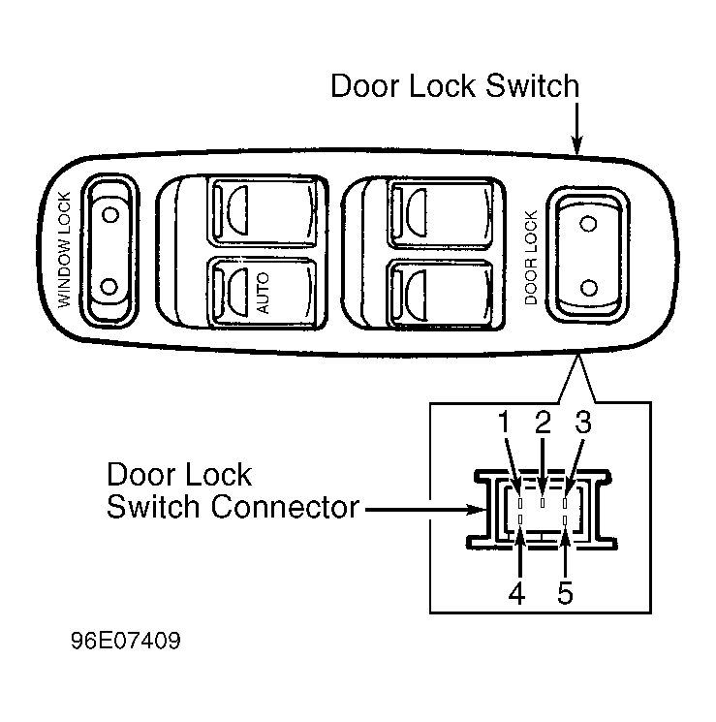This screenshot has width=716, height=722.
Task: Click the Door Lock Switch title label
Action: click(x=455, y=85)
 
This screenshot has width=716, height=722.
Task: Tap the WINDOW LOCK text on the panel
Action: click(x=65, y=250)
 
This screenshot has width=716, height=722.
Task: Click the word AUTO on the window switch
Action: click(x=263, y=293)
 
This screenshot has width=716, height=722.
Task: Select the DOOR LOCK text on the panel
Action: click(x=531, y=258)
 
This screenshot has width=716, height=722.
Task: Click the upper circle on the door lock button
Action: click(x=588, y=224)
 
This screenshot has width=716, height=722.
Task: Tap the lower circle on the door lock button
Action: click(x=588, y=288)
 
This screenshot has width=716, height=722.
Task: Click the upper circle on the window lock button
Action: click(x=110, y=214)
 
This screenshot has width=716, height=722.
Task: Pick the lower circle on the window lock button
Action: click(x=109, y=287)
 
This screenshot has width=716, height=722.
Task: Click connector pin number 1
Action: click(x=520, y=502)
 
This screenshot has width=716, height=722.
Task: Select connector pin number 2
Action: click(x=543, y=502)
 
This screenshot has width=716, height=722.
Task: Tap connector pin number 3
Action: click(x=565, y=502)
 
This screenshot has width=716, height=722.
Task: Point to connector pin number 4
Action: click(x=520, y=519)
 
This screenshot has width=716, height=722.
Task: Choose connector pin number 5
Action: click(x=565, y=519)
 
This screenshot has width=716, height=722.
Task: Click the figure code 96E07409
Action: click(x=126, y=641)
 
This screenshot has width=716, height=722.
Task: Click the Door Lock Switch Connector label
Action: click(x=233, y=490)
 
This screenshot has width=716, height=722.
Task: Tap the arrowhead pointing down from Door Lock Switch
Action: click(x=576, y=145)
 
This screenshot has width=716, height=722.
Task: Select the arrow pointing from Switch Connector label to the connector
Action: click(x=426, y=510)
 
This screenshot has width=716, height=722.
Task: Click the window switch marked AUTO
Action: click(x=263, y=293)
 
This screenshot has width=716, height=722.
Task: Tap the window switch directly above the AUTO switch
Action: click(x=264, y=211)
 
